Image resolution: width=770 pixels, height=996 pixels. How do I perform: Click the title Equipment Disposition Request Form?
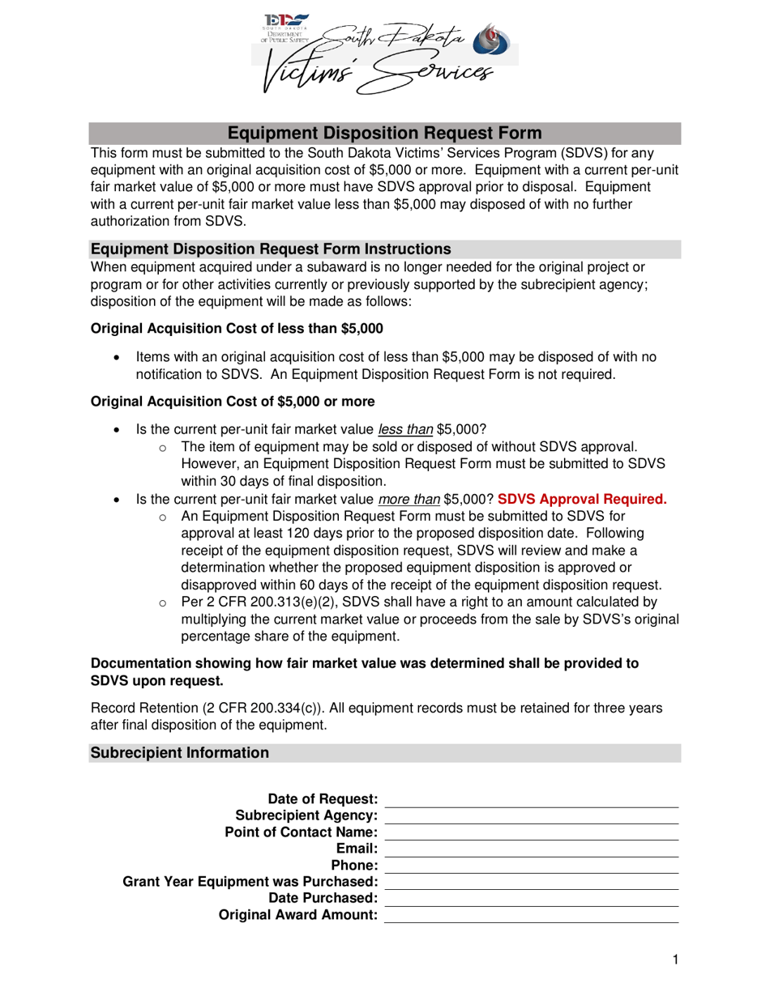point(384,134)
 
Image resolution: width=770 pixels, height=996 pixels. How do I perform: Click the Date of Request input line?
point(531,801)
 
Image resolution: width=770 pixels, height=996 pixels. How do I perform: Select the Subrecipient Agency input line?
point(531,817)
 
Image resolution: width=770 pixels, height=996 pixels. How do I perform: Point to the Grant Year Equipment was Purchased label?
point(250,882)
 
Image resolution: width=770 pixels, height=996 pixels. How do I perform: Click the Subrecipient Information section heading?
point(179,753)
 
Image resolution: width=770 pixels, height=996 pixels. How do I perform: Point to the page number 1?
point(674,960)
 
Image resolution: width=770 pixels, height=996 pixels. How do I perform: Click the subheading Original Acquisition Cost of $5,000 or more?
point(233,402)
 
